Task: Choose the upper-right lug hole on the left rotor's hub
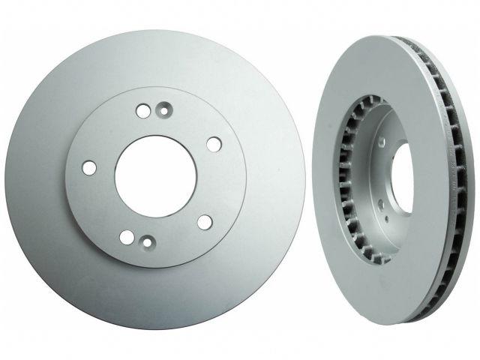214,144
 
